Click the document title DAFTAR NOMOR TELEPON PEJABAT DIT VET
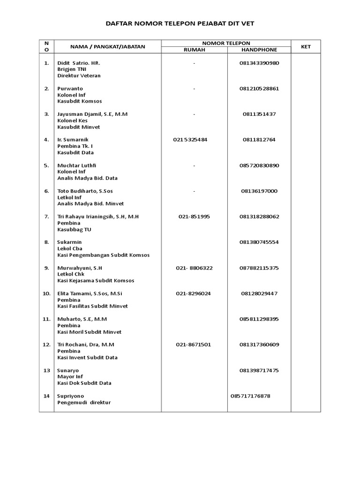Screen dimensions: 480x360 tap(180, 23)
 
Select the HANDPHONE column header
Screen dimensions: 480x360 tap(259, 50)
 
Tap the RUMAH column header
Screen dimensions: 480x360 tap(194, 50)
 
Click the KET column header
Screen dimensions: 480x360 tap(306, 46)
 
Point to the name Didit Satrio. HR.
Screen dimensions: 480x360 tap(79, 63)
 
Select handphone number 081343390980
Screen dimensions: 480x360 tap(259, 63)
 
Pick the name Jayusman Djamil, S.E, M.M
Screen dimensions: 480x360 tap(92, 114)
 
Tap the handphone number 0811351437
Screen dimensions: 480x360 tap(259, 114)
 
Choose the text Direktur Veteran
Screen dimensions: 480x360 tap(79, 75)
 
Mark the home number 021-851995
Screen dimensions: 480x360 tap(194, 217)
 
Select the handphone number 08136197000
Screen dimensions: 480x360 tap(259, 191)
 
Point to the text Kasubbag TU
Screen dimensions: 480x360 tap(74, 230)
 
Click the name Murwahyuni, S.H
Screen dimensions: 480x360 tap(80, 268)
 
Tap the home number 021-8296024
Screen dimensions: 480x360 tap(194, 293)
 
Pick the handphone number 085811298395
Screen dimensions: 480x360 tap(259, 319)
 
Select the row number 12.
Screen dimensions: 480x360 tap(46, 345)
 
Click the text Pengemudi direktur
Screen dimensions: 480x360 tap(84, 403)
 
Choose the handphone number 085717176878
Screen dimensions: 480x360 tap(251, 396)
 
